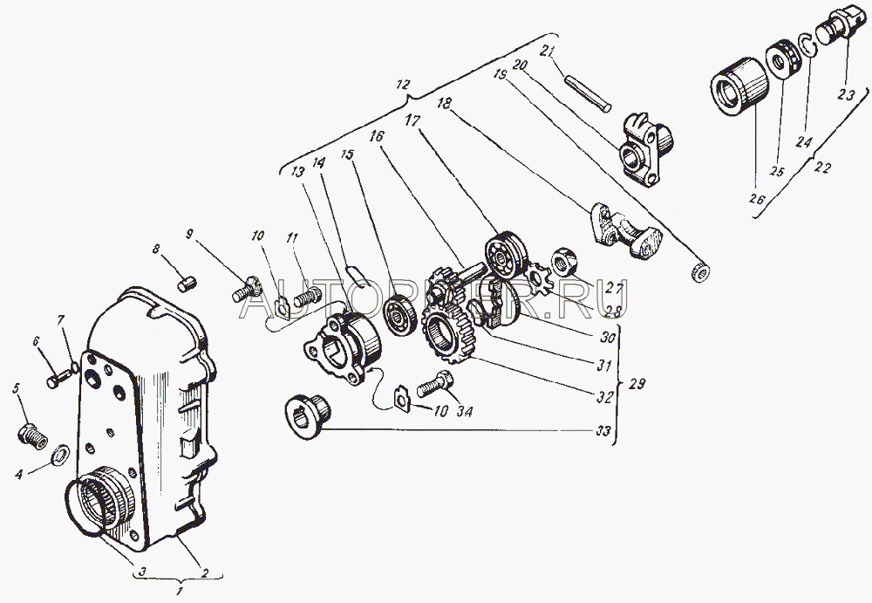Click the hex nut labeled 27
(562, 258)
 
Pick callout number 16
(376, 137)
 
